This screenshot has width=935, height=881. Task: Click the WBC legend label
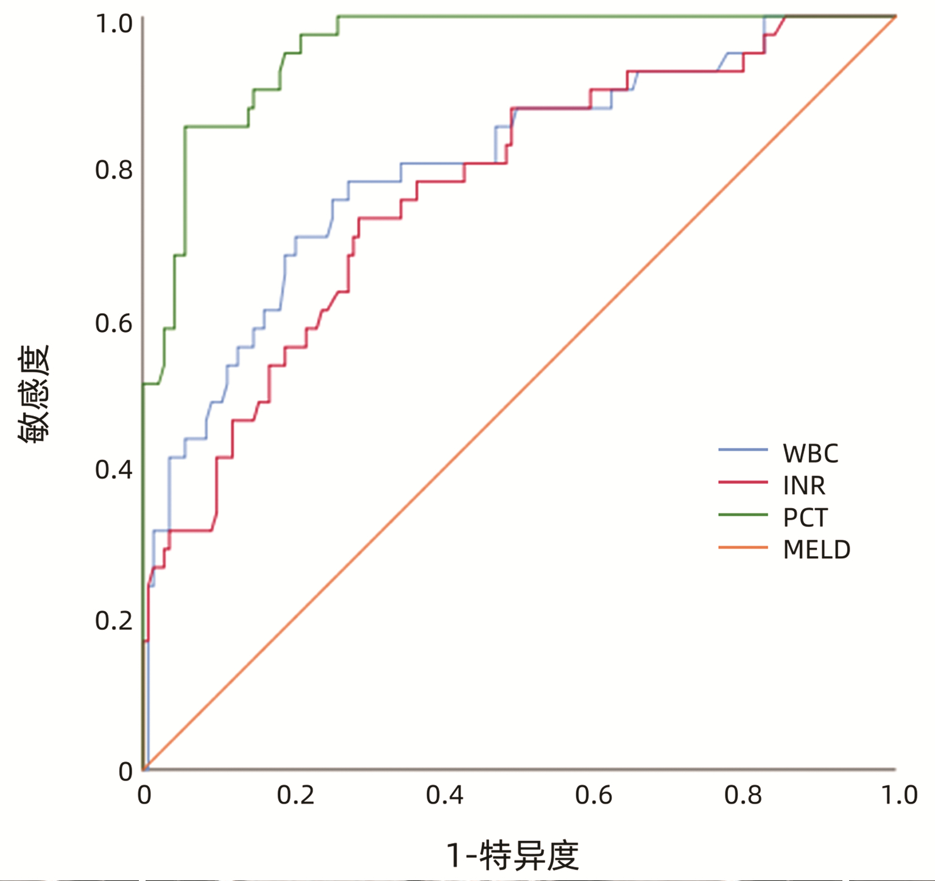pyautogui.click(x=810, y=454)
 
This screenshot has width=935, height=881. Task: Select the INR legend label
pyautogui.click(x=804, y=486)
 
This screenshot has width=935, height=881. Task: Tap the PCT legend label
pyautogui.click(x=805, y=518)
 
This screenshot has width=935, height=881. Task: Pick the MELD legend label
pyautogui.click(x=816, y=550)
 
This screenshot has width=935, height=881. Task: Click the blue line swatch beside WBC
pyautogui.click(x=743, y=450)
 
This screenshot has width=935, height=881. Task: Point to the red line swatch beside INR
pyautogui.click(x=743, y=482)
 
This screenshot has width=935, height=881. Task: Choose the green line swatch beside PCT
pyautogui.click(x=743, y=515)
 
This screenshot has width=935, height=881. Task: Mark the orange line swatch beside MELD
pyautogui.click(x=743, y=547)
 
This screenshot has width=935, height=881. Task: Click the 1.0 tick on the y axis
pyautogui.click(x=114, y=24)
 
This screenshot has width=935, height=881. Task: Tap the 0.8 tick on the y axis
pyautogui.click(x=114, y=170)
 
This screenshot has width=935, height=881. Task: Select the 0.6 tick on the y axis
pyautogui.click(x=114, y=324)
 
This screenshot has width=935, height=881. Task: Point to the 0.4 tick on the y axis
pyautogui.click(x=114, y=470)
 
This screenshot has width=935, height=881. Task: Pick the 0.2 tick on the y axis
pyautogui.click(x=114, y=621)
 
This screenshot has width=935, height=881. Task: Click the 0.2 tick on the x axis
pyautogui.click(x=295, y=795)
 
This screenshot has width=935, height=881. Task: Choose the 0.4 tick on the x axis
pyautogui.click(x=445, y=795)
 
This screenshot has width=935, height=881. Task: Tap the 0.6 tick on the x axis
pyautogui.click(x=594, y=795)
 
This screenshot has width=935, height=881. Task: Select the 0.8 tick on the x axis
pyautogui.click(x=743, y=795)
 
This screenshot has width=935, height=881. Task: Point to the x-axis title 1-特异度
pyautogui.click(x=513, y=855)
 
